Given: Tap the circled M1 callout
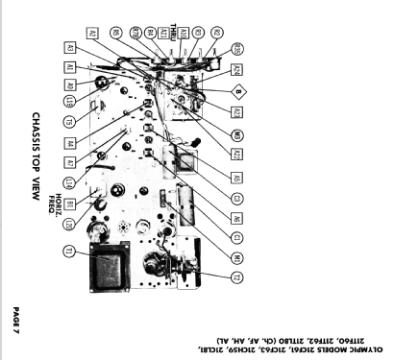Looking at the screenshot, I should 236,229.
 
